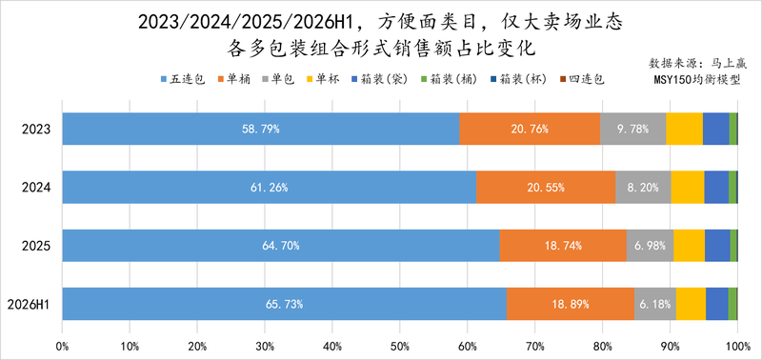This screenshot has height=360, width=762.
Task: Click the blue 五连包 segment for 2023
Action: (261, 129)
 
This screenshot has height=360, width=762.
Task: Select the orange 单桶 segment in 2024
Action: (546, 187)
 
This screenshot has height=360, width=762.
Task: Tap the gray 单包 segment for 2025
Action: (650, 246)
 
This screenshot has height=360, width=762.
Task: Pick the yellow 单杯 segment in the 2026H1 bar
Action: (691, 304)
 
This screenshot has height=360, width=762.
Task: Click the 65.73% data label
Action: (284, 304)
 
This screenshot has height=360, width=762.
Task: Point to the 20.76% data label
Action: (530, 130)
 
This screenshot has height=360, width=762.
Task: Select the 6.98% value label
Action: (650, 246)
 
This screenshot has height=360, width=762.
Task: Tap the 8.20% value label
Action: (643, 188)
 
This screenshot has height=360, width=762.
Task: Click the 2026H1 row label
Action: (29, 304)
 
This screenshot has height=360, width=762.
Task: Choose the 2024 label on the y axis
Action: (36, 188)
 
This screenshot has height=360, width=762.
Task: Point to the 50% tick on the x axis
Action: (399, 347)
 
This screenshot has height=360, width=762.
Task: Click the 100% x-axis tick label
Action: (737, 347)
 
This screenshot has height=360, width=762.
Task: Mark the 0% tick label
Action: (62, 347)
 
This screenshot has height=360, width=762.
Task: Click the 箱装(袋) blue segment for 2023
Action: (716, 129)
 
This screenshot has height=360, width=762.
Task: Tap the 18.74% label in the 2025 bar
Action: (563, 246)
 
